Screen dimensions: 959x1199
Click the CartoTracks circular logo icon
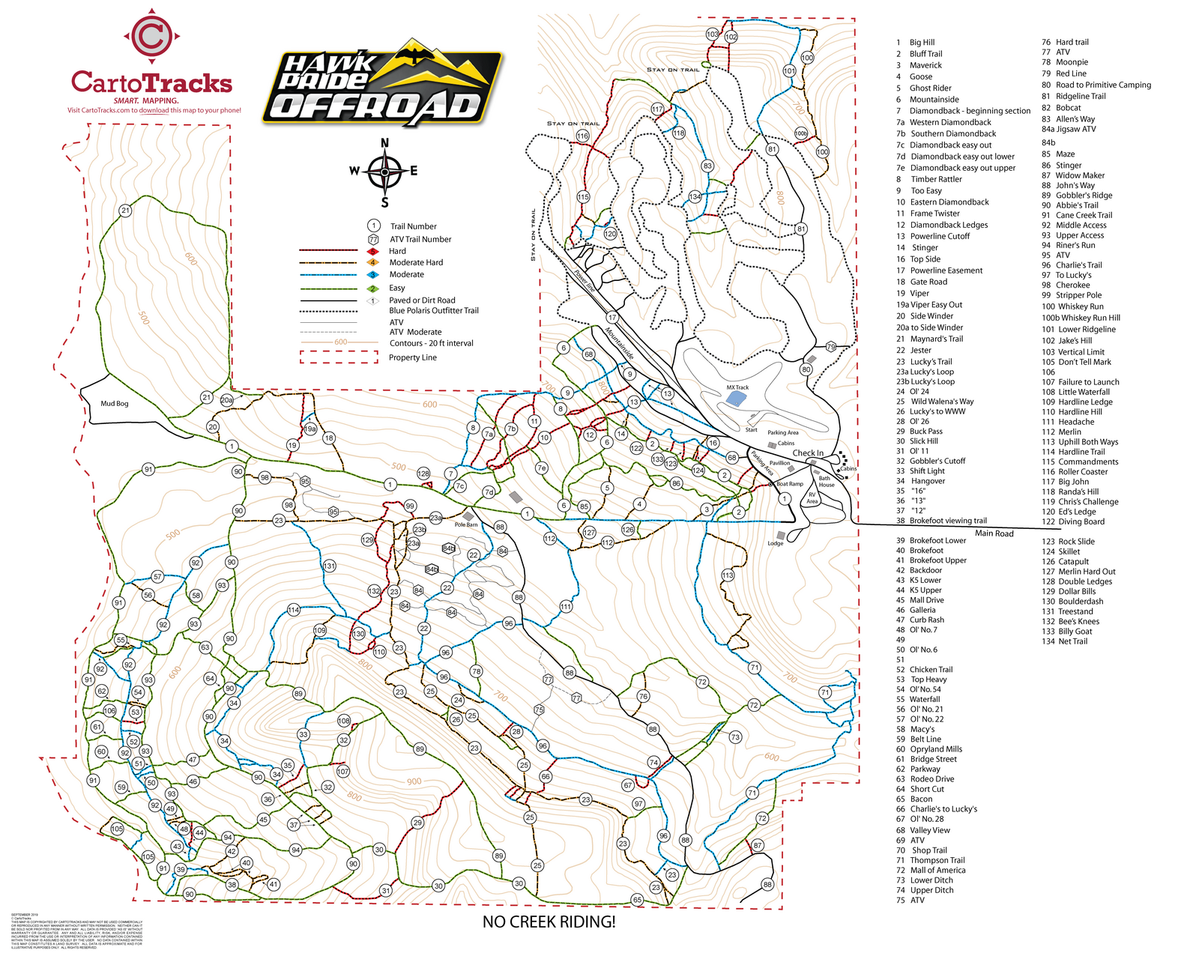[151, 35]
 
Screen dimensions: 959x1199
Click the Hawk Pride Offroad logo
[382, 84]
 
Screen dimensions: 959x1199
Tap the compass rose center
[384, 172]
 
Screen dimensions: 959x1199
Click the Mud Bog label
[115, 403]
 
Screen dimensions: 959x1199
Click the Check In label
[808, 453]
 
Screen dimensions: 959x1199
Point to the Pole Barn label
[466, 524]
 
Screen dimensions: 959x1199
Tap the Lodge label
[776, 543]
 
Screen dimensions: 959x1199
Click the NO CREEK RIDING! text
[549, 922]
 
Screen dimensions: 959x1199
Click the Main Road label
[994, 533]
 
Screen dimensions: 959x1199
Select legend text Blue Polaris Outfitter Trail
[433, 310]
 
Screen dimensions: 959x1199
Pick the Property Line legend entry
[412, 357]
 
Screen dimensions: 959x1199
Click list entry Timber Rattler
[936, 179]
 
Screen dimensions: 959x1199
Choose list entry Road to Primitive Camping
[1103, 85]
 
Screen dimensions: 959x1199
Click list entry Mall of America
[937, 870]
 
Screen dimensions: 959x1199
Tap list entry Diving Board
[1081, 521]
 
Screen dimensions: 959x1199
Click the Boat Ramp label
[790, 484]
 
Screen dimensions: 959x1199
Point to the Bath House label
[826, 481]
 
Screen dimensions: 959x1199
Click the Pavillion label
[780, 463]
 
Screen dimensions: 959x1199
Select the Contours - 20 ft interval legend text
[431, 343]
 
